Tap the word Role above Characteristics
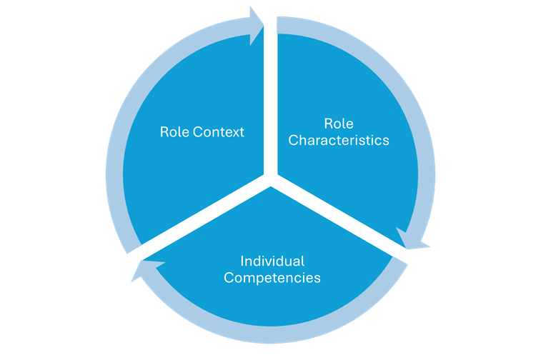(338, 124)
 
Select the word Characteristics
(339, 140)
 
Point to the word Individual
(272, 261)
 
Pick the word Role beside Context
(173, 132)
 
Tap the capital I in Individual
(242, 261)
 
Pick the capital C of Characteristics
(293, 140)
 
